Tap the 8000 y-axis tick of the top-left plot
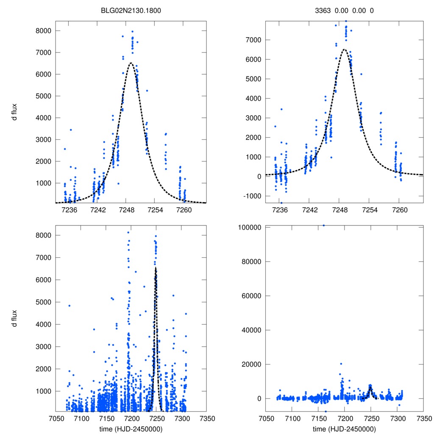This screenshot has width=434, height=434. tap(44, 31)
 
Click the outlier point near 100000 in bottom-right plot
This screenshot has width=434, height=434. tap(324, 225)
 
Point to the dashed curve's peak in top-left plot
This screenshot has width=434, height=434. tap(131, 63)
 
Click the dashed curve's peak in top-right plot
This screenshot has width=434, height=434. tap(344, 50)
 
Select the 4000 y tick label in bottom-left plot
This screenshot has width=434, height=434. tap(44, 324)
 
